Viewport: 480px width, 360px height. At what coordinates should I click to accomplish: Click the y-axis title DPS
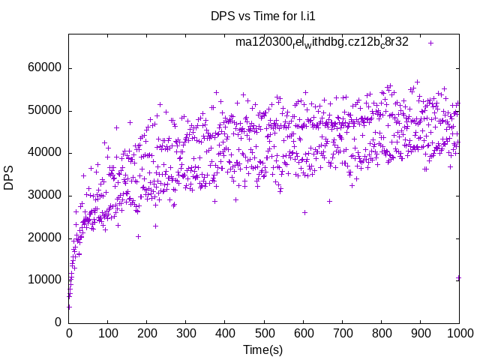click(9, 178)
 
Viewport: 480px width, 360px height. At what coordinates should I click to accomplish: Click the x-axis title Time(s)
click(263, 349)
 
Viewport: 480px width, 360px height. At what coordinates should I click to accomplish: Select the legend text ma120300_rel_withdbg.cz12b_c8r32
click(322, 42)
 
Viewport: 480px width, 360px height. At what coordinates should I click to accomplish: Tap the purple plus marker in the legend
click(430, 43)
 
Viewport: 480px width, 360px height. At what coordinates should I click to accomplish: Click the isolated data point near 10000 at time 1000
click(458, 278)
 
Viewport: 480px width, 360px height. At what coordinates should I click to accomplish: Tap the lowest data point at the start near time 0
click(69, 307)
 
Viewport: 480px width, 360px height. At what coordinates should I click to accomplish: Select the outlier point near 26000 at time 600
click(304, 212)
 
